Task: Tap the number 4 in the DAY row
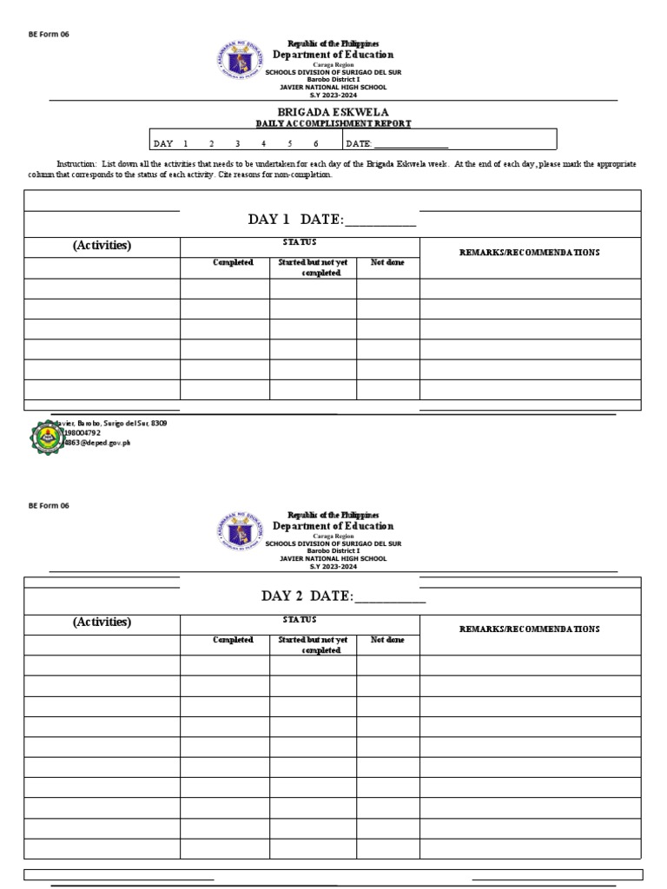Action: point(263,144)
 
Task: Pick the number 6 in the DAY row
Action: point(316,144)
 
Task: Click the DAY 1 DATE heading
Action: point(332,221)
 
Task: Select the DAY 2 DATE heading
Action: point(344,596)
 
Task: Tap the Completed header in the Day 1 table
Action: point(233,263)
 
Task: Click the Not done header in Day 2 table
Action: point(387,640)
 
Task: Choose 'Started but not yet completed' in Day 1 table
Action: point(313,267)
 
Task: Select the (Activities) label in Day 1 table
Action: point(102,246)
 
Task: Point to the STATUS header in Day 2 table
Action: point(300,620)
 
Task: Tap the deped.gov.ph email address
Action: point(96,442)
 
